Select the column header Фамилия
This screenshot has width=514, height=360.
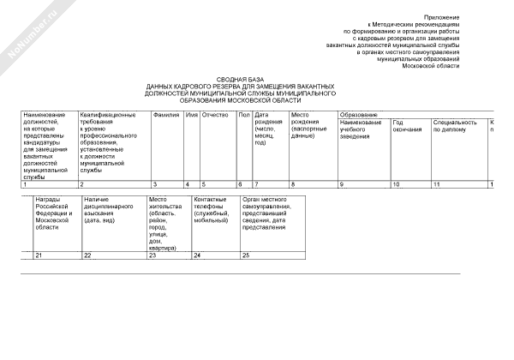coord(165,114)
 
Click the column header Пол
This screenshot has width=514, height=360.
coord(243,114)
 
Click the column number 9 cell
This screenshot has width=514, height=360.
coord(342,184)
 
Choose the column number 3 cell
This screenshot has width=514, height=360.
coord(155,184)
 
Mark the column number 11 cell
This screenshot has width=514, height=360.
coord(437,184)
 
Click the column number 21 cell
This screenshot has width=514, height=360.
coord(39,255)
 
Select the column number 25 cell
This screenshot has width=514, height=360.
coord(246,255)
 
